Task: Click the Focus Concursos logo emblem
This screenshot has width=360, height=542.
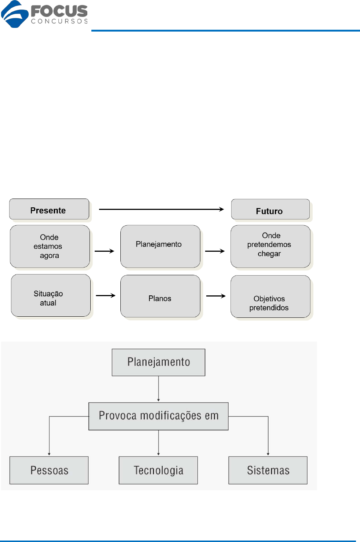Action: (15, 14)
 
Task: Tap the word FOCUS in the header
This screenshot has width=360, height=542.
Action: (59, 11)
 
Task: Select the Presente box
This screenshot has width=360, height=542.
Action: (49, 209)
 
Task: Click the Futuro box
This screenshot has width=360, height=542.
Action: (270, 209)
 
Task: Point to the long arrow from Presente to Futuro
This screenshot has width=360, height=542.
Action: (161, 209)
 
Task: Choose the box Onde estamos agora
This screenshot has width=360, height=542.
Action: (50, 246)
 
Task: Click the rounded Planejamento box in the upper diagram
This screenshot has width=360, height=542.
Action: (160, 246)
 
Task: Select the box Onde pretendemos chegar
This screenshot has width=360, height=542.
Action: (270, 246)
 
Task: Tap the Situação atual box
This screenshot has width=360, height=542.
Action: (51, 295)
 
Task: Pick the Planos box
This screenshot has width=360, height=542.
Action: (160, 296)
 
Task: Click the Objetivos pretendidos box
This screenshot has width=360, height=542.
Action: (270, 297)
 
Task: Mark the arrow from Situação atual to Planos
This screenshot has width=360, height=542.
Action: (105, 295)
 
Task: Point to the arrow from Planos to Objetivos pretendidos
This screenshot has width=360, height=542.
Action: (216, 296)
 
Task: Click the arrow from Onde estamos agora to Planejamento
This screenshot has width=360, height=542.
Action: (104, 251)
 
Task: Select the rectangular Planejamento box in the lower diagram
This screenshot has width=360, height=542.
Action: (159, 362)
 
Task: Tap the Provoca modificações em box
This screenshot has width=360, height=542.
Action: (159, 416)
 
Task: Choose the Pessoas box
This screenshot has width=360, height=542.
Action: (49, 470)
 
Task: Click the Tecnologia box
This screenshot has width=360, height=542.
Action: (158, 470)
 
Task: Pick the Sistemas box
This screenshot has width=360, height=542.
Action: (268, 470)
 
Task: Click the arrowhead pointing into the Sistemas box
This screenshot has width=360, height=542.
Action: (268, 454)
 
